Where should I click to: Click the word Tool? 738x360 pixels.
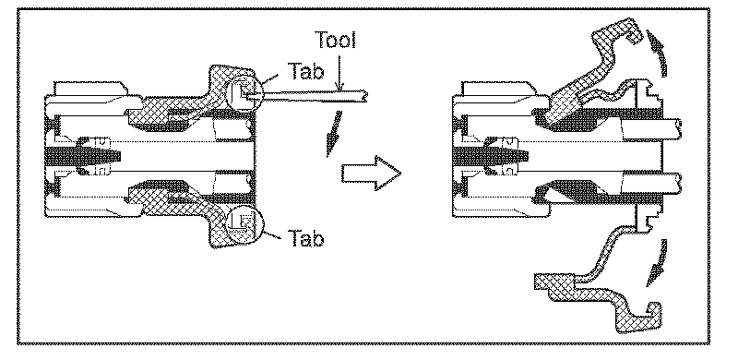[335, 41]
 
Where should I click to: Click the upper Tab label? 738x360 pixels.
[305, 72]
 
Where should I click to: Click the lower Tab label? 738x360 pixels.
[305, 238]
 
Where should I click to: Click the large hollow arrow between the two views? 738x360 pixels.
[371, 174]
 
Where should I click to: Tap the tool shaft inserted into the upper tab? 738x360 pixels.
[306, 96]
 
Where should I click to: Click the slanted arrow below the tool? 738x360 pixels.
[333, 133]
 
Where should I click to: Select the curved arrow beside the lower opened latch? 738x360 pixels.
[658, 263]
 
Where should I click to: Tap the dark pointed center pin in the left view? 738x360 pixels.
[84, 155]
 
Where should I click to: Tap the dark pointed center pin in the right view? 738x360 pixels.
[491, 155]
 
